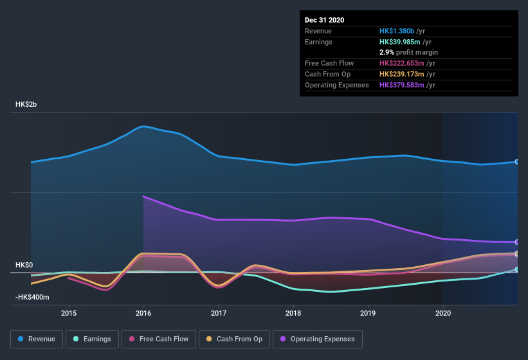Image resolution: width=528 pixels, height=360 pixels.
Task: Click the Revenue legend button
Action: pos(37,339)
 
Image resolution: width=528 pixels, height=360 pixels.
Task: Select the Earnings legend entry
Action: pos(93,339)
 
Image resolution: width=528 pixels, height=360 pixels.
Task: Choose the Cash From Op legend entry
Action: pos(233,339)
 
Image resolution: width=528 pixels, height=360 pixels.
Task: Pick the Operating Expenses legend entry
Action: pos(317,339)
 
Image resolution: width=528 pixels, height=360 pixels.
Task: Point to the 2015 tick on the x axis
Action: pos(69,313)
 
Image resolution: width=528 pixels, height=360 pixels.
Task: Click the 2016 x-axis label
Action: pos(143,313)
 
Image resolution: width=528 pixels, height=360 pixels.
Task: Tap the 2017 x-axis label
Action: pos(219,313)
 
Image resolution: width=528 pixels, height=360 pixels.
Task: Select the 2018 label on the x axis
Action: pos(293,313)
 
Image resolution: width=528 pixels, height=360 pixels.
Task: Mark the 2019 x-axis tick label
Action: pos(368,313)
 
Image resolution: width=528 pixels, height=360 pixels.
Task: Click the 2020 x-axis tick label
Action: pos(442,313)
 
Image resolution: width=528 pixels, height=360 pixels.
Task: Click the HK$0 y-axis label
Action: pos(24,265)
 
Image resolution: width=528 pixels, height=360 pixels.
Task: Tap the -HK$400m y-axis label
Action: pos(33,297)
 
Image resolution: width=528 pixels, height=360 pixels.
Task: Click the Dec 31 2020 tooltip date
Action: pos(325,20)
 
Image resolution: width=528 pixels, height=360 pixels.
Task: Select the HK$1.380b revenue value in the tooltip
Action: pos(397,31)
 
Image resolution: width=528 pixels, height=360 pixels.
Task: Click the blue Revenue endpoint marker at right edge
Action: pos(517,162)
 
